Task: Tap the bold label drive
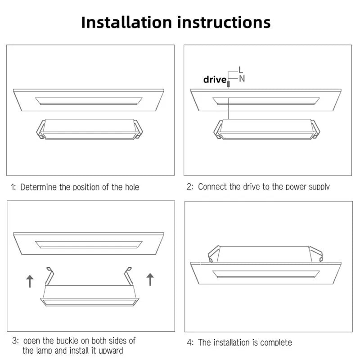coord(215,80)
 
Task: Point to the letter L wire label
coord(241,70)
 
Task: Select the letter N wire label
coord(242,79)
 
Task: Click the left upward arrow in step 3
coord(30,281)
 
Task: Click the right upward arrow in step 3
coord(150,279)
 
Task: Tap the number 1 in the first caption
coord(13,187)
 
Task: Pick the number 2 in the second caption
coord(189,187)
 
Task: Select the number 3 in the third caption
coord(15,341)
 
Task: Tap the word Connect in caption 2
coord(213,187)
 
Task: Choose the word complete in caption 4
coord(275,342)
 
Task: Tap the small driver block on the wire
coord(229,83)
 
